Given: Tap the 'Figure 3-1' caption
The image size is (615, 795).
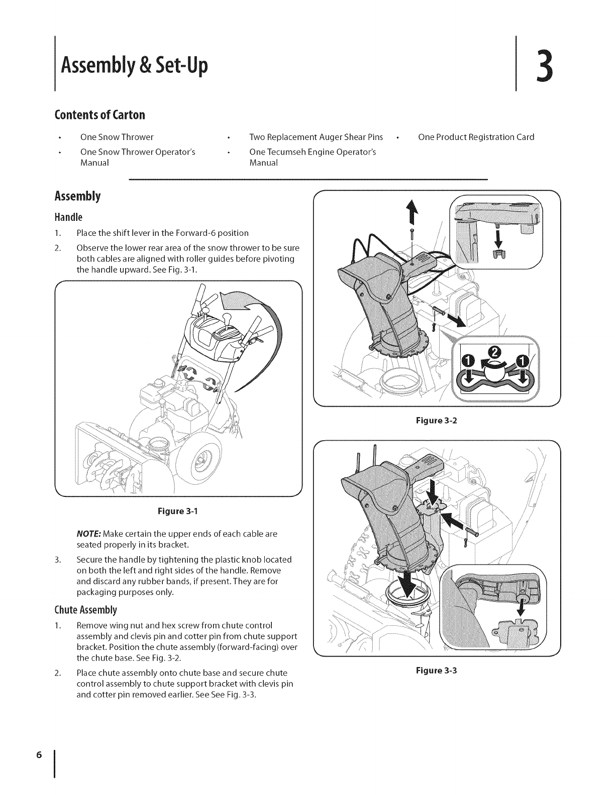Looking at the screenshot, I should [178, 511].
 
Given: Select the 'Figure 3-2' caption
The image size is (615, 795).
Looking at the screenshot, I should [437, 421].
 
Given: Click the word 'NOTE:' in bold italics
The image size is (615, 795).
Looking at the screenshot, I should [87, 534].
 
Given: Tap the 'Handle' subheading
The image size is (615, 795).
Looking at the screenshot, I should [68, 217].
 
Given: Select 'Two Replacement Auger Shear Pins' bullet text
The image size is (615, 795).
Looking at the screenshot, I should [316, 137].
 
